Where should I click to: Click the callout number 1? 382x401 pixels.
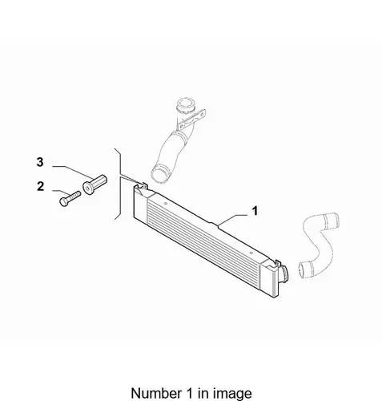click(x=255, y=211)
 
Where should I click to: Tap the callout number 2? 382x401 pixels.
click(x=40, y=186)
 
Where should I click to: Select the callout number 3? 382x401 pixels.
click(x=40, y=162)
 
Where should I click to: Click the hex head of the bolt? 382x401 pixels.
click(x=63, y=201)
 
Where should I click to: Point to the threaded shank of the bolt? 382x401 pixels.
click(x=74, y=196)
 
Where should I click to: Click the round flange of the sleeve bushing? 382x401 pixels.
click(x=88, y=188)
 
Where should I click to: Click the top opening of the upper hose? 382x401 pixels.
click(x=185, y=103)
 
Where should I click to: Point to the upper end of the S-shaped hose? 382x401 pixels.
click(x=332, y=221)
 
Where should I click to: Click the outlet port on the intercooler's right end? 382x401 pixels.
click(x=284, y=273)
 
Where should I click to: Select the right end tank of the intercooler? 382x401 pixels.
click(x=270, y=278)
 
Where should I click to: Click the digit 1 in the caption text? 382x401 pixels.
click(x=187, y=393)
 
